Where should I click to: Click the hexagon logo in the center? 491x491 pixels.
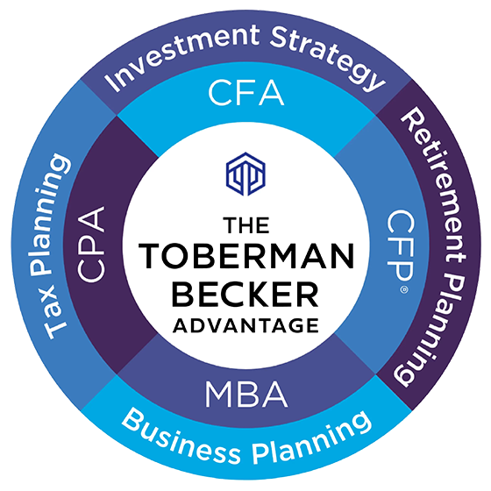tap(245, 174)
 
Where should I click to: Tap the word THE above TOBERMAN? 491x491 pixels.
tap(246, 225)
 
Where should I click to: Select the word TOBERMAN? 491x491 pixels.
tap(246, 256)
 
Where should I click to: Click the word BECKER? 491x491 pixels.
tap(245, 295)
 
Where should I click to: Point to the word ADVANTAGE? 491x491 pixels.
tap(245, 325)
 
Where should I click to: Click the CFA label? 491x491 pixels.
tap(246, 93)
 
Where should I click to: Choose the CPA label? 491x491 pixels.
tap(91, 245)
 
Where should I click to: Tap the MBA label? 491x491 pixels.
tap(246, 394)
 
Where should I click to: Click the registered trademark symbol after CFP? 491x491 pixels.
tap(404, 289)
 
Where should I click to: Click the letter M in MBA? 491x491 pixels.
tap(219, 394)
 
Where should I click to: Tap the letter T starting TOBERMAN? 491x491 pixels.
tap(149, 256)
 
